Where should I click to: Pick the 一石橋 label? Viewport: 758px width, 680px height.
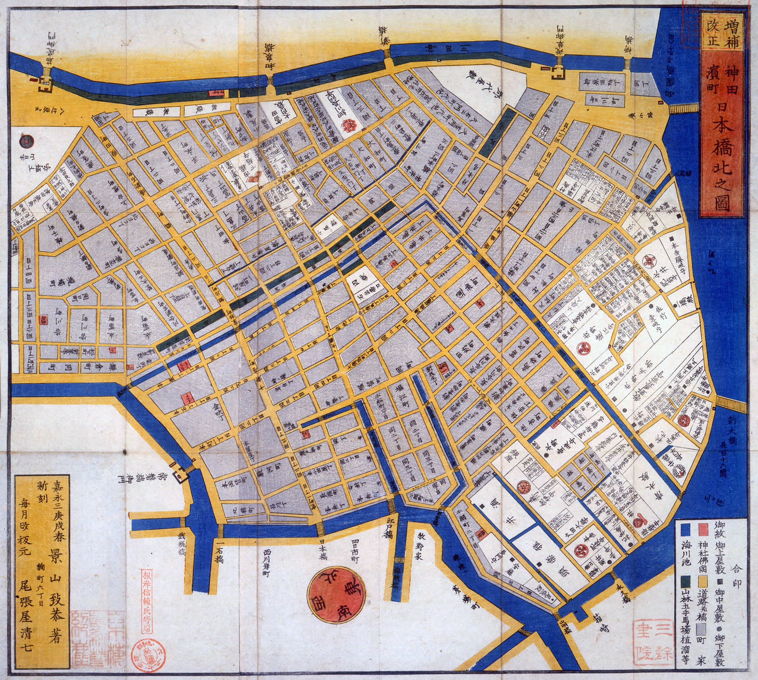pyautogui.click(x=220, y=553)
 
